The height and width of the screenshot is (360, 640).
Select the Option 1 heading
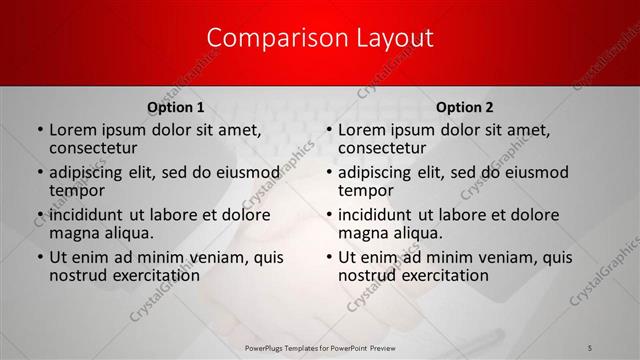(x=176, y=107)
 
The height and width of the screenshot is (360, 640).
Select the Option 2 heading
(x=465, y=107)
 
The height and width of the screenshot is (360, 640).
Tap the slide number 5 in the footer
(x=589, y=346)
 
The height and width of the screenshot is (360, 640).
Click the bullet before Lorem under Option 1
(x=39, y=130)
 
